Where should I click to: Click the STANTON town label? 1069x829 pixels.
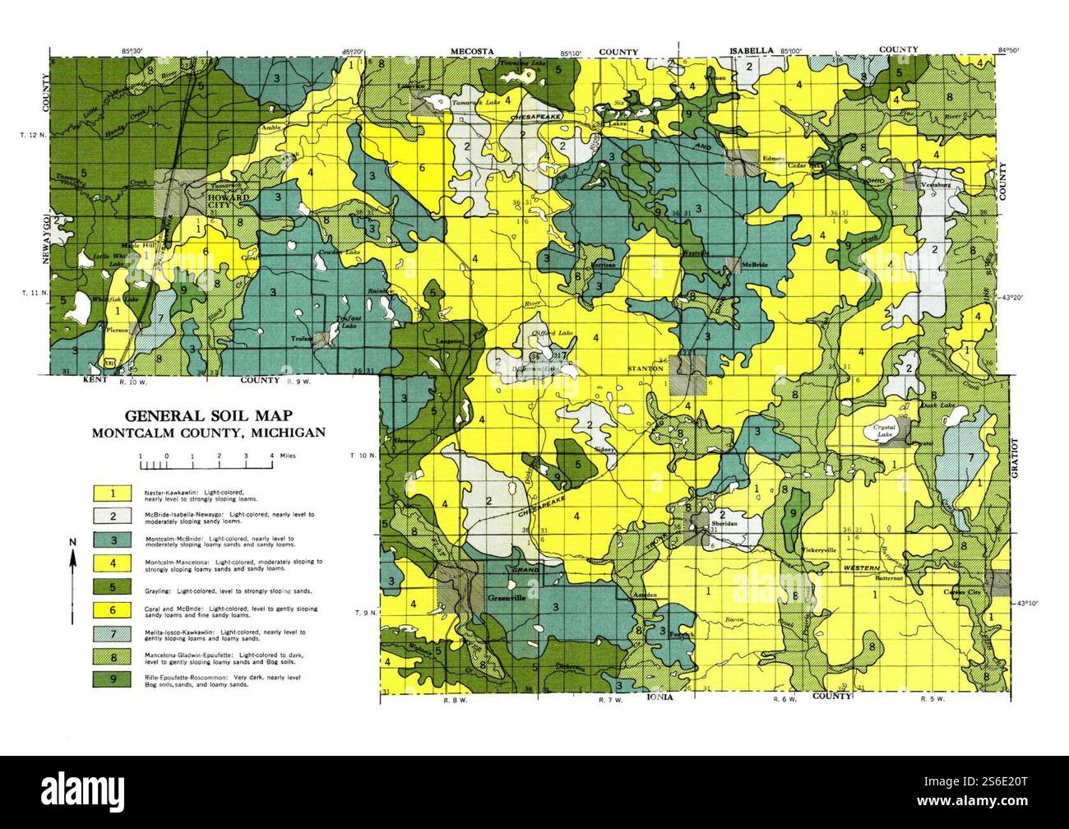(x=646, y=369)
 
